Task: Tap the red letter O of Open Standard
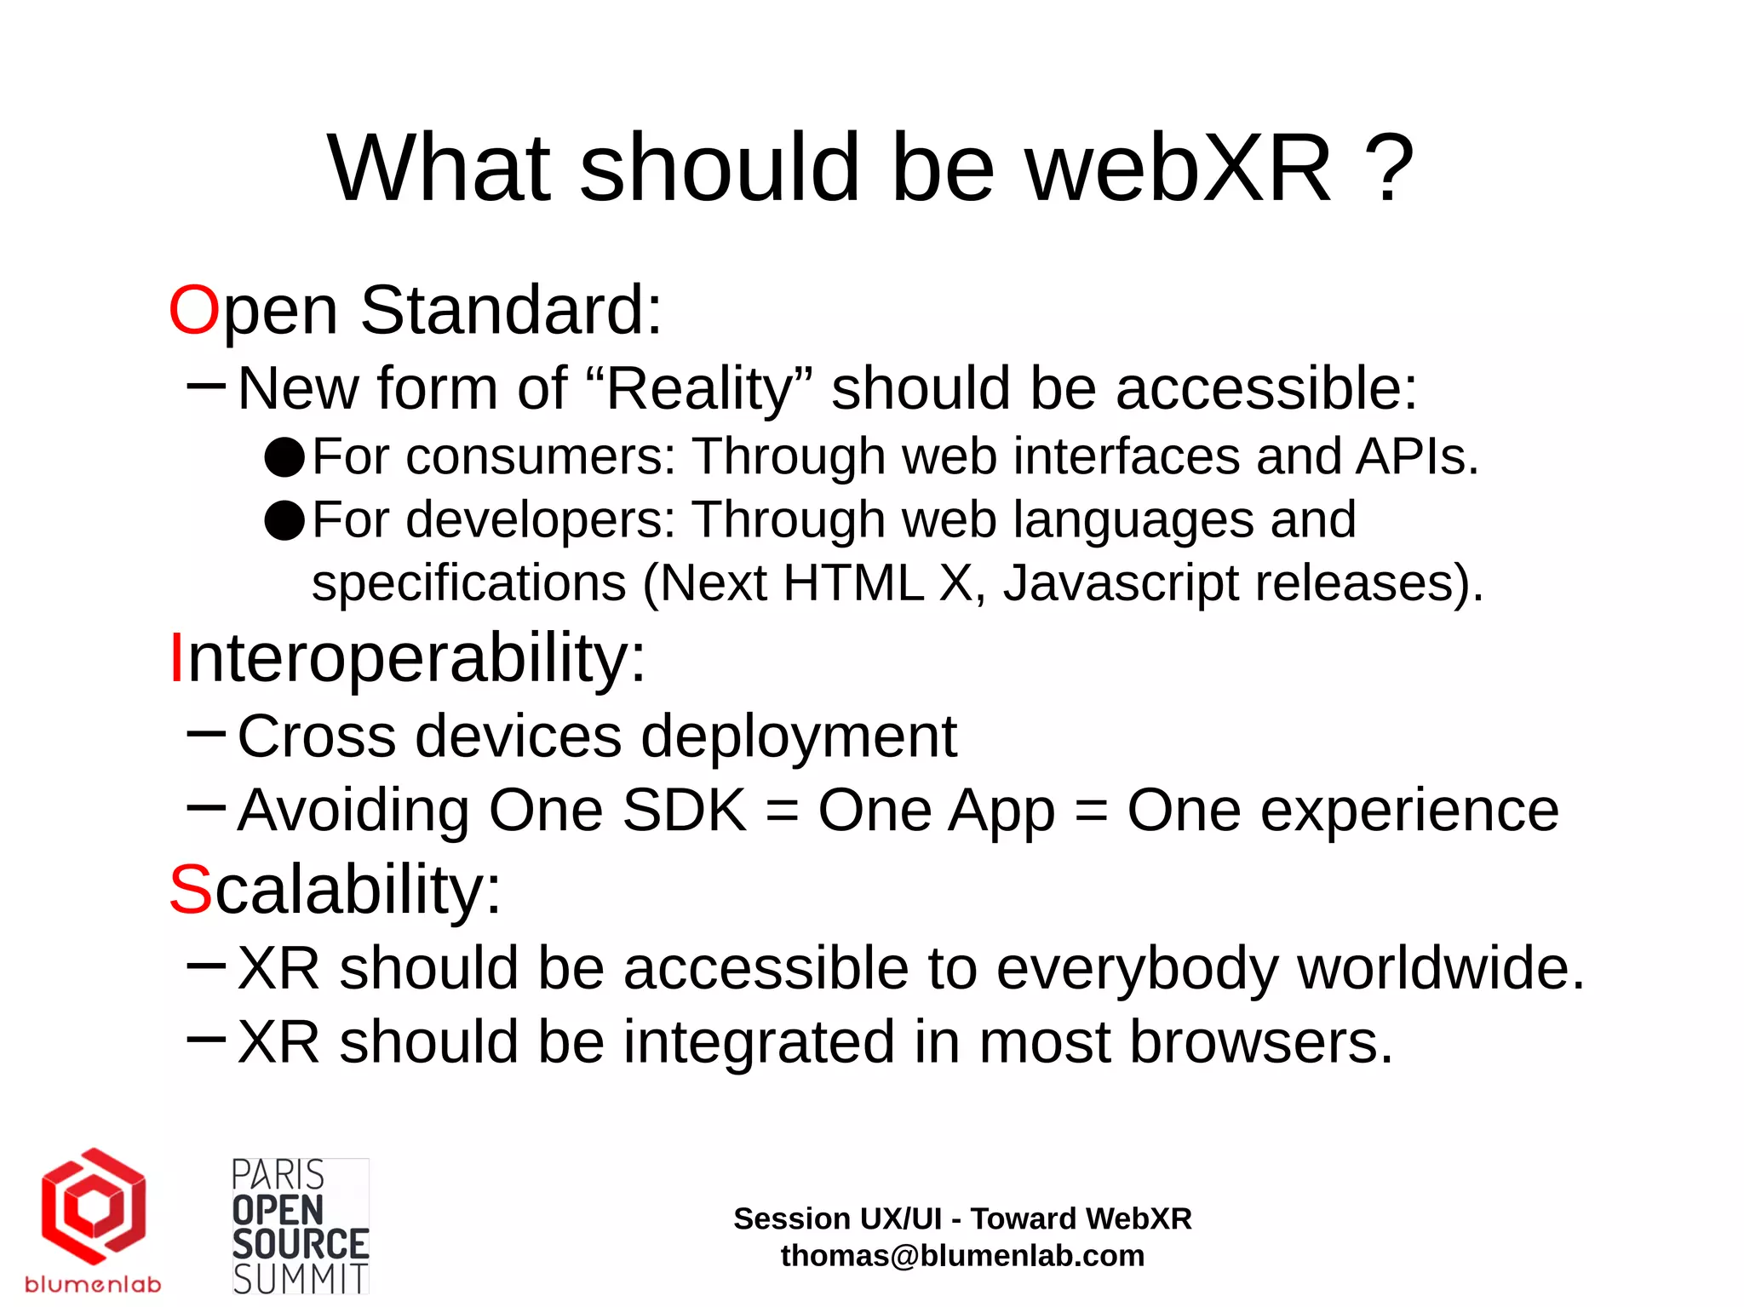194,310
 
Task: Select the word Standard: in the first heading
511,310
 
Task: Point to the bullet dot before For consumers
284,457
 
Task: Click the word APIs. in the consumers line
1417,456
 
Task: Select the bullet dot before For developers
284,520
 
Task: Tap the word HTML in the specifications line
853,583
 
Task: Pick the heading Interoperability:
408,658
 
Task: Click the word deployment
799,737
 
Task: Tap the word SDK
685,810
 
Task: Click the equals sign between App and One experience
1091,811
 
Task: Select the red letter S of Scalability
190,890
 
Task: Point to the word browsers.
1261,1042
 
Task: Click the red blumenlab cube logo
94,1206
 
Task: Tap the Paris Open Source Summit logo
300,1227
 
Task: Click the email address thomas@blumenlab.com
962,1256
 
